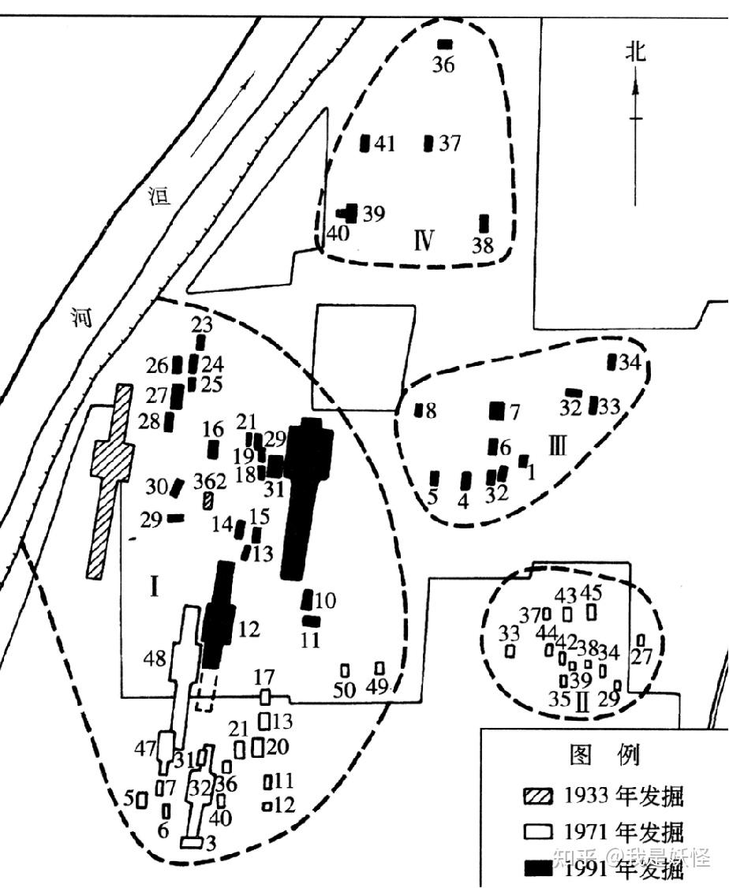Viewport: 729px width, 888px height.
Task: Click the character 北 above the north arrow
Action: click(636, 52)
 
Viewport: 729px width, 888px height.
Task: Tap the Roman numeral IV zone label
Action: click(423, 239)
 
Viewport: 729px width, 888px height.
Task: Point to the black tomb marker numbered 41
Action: click(365, 144)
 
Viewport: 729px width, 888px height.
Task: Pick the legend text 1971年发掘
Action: click(624, 831)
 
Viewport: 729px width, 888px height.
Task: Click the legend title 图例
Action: click(604, 755)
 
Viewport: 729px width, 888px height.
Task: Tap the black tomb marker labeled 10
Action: click(308, 599)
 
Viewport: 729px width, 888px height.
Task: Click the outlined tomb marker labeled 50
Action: click(345, 670)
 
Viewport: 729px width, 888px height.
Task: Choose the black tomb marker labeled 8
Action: click(419, 410)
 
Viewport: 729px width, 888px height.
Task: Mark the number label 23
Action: click(203, 325)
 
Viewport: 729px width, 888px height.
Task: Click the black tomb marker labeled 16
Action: click(213, 450)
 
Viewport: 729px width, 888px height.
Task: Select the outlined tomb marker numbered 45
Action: click(592, 612)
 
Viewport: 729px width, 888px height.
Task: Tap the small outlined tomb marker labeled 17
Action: click(266, 697)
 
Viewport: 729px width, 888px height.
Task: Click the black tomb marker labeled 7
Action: click(496, 411)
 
